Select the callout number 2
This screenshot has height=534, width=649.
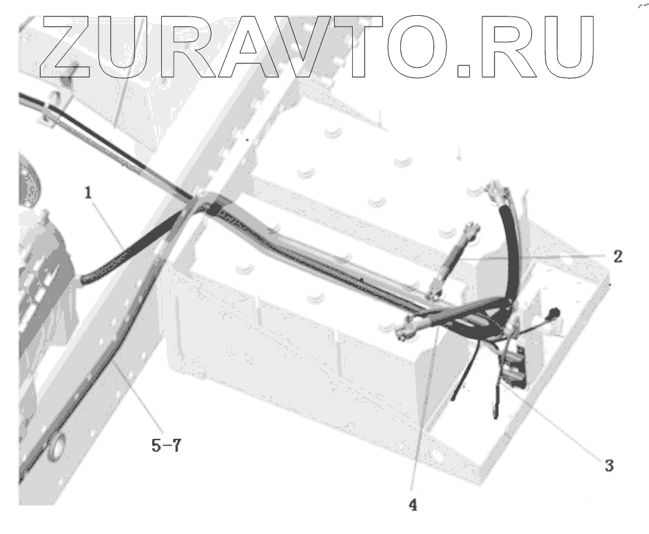pos(617,257)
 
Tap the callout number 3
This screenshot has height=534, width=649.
pos(608,464)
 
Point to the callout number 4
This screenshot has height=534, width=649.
pos(413,504)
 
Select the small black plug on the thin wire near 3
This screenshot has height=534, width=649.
pos(553,314)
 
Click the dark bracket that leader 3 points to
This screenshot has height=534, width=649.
pos(514,373)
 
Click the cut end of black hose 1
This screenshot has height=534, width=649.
pos(85,279)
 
